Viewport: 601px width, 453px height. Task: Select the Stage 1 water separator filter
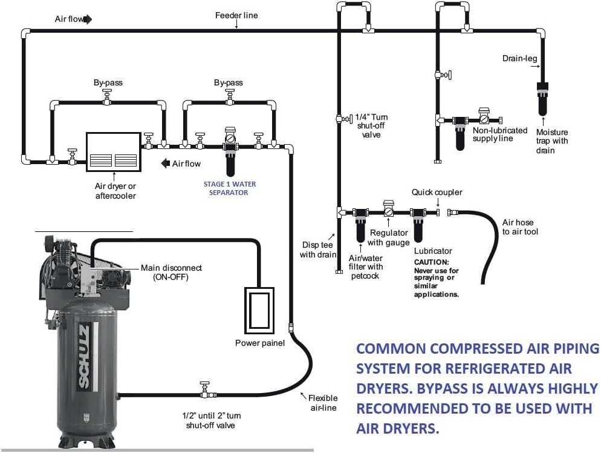[230, 155]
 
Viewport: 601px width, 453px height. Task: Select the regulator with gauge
[389, 210]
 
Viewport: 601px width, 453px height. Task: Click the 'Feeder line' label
[236, 15]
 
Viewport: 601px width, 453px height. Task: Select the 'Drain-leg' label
[519, 59]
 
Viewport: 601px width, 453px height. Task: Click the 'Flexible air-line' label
[323, 403]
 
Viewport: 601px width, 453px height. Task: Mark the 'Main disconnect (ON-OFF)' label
[171, 272]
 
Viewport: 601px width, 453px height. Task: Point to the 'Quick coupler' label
[437, 193]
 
